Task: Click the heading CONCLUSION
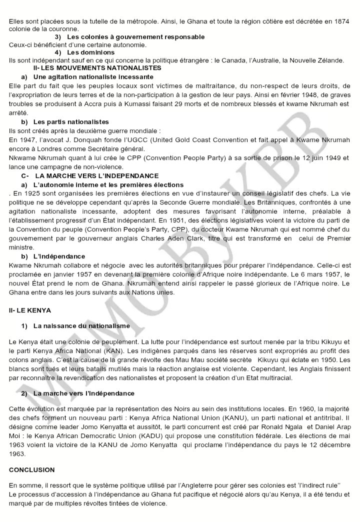[x=31, y=470]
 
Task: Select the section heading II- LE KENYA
[x=30, y=310]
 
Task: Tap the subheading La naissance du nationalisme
[x=81, y=325]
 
